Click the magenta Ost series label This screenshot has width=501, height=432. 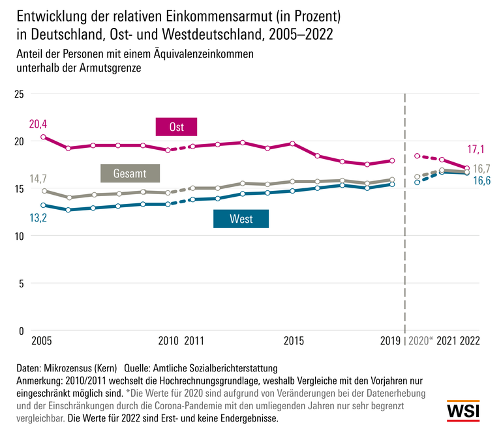[176, 127]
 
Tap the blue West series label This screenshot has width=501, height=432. [241, 219]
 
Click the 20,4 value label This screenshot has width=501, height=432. [38, 124]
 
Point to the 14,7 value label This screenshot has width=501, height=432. [38, 179]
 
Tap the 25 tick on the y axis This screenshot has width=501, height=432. [18, 94]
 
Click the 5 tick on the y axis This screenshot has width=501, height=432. [21, 283]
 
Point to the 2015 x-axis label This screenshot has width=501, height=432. [294, 341]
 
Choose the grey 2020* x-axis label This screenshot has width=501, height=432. [421, 341]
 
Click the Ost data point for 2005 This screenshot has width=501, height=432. [43, 137]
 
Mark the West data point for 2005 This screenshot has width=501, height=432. [43, 205]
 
